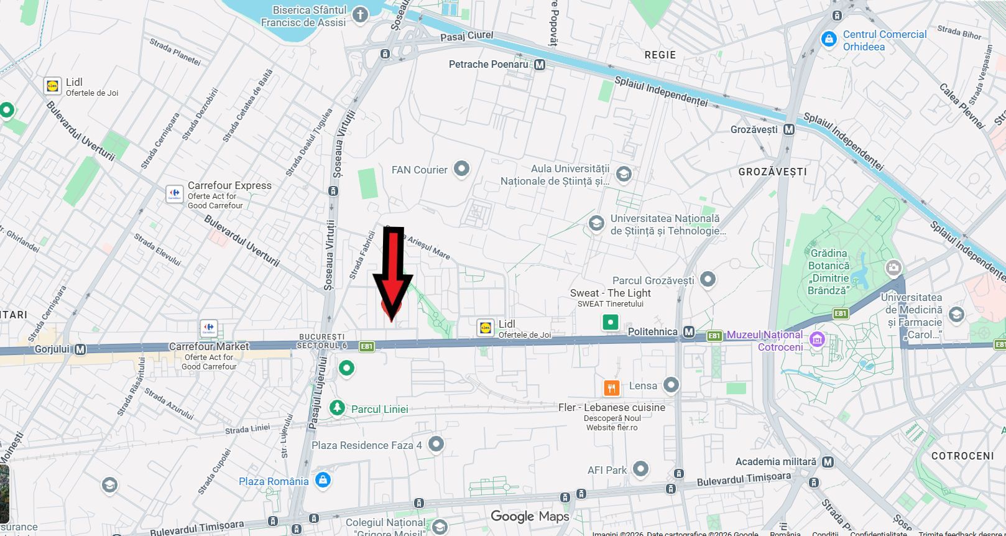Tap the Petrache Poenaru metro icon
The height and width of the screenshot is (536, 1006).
click(x=540, y=65)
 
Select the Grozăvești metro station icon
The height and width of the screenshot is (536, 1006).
click(x=789, y=130)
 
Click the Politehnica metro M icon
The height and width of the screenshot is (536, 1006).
click(x=688, y=332)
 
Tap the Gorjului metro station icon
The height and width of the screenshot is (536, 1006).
click(x=80, y=349)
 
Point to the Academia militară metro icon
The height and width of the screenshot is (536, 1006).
click(x=828, y=462)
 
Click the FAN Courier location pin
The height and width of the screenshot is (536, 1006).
click(x=461, y=169)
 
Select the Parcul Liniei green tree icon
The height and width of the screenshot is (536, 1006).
click(x=337, y=409)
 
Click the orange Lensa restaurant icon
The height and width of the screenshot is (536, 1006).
click(x=612, y=388)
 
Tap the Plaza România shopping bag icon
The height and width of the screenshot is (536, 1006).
click(x=322, y=480)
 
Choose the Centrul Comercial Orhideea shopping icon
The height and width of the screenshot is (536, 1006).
click(x=828, y=39)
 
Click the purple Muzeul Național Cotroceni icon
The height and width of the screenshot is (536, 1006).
click(x=817, y=340)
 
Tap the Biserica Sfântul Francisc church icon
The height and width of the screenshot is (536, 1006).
click(x=360, y=15)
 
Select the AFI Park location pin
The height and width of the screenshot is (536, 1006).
click(x=640, y=469)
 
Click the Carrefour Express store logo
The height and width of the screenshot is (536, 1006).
click(x=175, y=193)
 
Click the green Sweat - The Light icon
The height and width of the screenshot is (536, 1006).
click(x=611, y=322)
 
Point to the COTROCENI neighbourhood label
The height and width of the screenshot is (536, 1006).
click(x=962, y=456)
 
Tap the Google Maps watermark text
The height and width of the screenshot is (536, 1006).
click(x=530, y=516)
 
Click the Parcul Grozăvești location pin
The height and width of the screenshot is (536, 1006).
click(x=708, y=279)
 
